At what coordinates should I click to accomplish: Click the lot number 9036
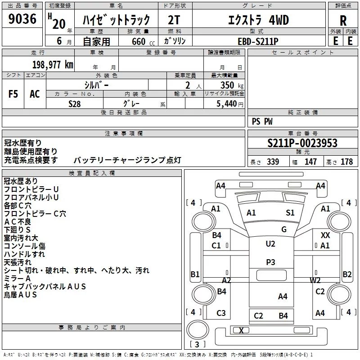click(22, 19)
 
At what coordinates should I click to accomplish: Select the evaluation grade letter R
click(343, 21)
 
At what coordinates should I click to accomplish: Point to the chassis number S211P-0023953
click(302, 144)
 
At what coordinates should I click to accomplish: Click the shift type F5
click(13, 94)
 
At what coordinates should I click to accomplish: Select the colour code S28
click(75, 104)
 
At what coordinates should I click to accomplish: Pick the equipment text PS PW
click(262, 121)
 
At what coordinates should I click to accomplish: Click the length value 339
click(273, 162)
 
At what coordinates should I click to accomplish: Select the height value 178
click(346, 162)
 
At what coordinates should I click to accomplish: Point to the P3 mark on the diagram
click(270, 262)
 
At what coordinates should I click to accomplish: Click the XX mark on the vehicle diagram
click(325, 235)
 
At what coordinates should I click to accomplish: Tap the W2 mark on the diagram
click(315, 280)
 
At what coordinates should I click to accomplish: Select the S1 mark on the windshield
click(290, 213)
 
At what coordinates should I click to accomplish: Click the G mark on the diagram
click(283, 229)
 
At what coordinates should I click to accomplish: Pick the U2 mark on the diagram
click(270, 244)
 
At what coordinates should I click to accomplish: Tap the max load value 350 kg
click(229, 85)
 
